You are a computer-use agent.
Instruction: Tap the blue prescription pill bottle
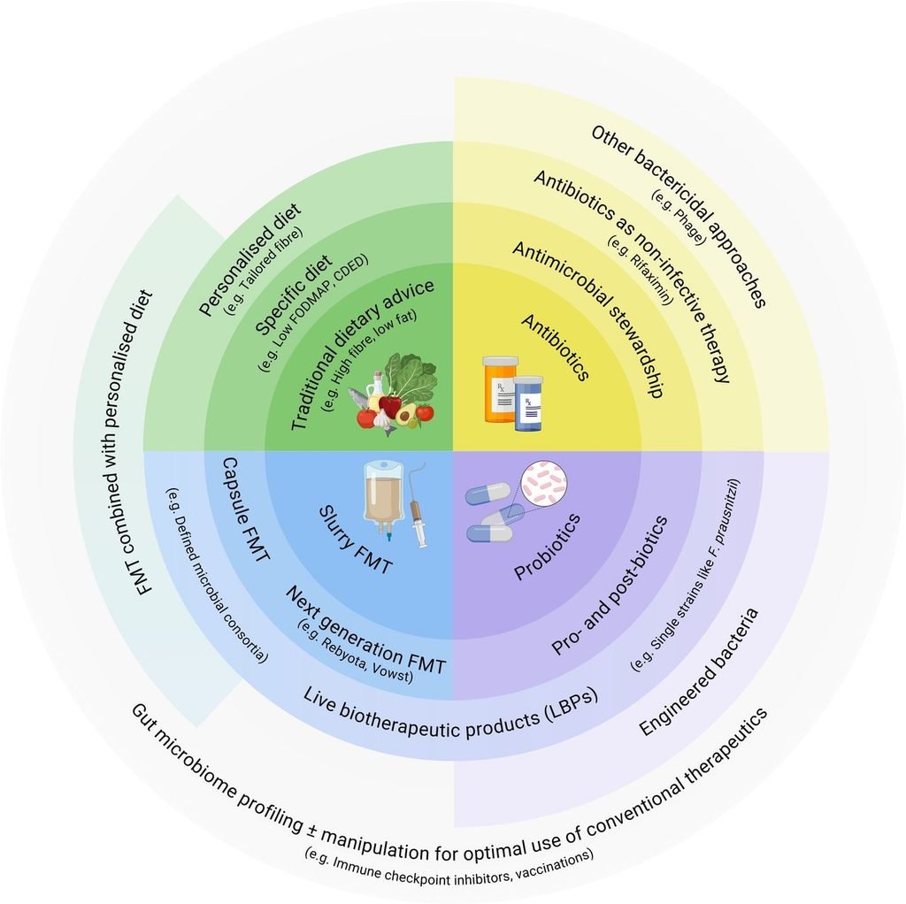point(528,403)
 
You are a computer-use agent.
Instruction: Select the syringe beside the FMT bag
point(418,504)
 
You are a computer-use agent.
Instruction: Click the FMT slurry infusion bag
point(383,501)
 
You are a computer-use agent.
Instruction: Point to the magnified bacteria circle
point(544,484)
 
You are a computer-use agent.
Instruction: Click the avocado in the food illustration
point(407,415)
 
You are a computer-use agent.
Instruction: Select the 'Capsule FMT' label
point(246,509)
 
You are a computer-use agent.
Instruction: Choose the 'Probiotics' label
point(547,547)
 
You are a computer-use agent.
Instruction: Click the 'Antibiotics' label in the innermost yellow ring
point(556,347)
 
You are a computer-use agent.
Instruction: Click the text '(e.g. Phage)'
point(679,218)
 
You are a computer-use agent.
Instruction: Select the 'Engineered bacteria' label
point(698,671)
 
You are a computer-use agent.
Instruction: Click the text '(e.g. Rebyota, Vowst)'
point(356,651)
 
